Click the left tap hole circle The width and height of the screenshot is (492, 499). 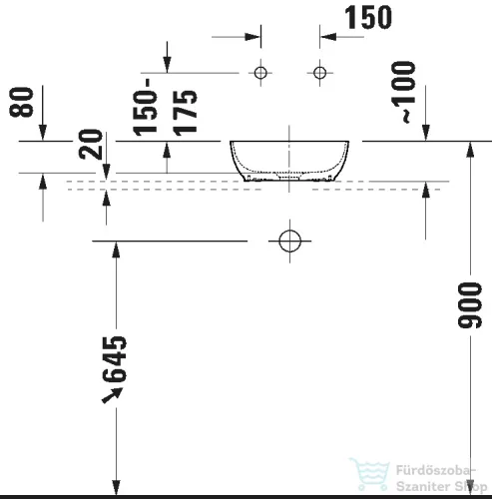(x=260, y=73)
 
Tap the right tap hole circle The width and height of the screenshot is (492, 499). (x=320, y=73)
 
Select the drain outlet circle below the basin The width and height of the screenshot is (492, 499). (x=289, y=242)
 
